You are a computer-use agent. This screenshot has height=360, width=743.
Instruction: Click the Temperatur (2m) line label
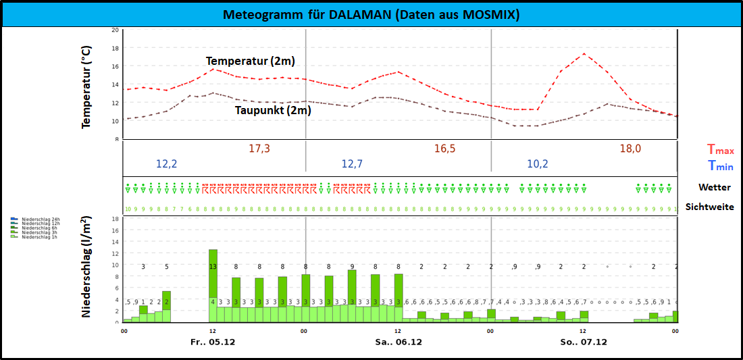coord(251,61)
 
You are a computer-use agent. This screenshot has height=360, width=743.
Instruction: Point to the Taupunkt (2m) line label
coord(273,110)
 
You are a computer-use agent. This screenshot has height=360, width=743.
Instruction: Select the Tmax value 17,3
coord(259,149)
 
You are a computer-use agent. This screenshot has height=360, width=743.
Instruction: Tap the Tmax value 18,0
coord(630,149)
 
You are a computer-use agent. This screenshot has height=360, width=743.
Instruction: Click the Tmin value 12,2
coord(168,163)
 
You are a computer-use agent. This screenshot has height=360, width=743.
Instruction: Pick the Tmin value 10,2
coord(538,163)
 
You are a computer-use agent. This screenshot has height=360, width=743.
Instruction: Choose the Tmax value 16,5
coord(444,149)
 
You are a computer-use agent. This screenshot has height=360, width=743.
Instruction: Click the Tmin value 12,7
coord(353,163)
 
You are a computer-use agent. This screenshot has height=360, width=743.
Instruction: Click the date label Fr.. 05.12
coord(213,342)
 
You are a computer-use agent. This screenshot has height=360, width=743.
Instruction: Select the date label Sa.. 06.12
coord(399,342)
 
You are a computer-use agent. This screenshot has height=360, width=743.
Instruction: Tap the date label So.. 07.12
coord(584,342)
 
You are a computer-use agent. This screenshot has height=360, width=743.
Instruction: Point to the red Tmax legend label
coord(720,150)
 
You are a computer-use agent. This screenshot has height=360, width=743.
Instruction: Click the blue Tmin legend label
coord(720,166)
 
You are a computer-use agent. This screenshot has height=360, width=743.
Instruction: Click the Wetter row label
coord(715,187)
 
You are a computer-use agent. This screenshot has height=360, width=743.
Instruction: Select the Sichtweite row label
coord(709,207)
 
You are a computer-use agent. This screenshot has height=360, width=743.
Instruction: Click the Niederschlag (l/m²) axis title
coord(87,267)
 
